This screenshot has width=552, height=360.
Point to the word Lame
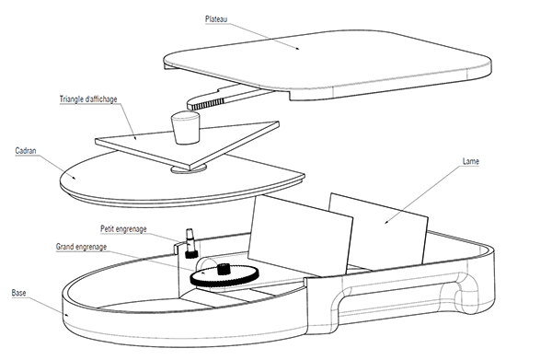click(x=470, y=161)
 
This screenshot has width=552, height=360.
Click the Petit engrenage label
click(x=125, y=228)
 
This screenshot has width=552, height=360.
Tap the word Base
click(x=18, y=292)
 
